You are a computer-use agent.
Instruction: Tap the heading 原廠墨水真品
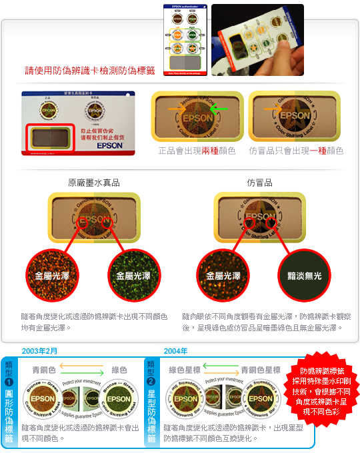pyautogui.click(x=93, y=182)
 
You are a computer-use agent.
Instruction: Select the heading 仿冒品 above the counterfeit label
pyautogui.click(x=259, y=182)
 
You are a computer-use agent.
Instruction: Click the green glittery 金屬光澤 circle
pyautogui.click(x=135, y=274)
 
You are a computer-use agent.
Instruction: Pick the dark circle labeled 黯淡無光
pyautogui.click(x=303, y=274)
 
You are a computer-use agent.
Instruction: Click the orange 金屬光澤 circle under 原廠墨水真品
pyautogui.click(x=53, y=274)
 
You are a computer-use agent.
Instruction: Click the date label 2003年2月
pyautogui.click(x=39, y=351)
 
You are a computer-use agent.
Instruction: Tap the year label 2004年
pyautogui.click(x=175, y=351)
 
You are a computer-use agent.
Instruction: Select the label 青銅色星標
pyautogui.click(x=261, y=370)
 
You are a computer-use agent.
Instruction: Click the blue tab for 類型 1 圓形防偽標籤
pyautogui.click(x=9, y=401)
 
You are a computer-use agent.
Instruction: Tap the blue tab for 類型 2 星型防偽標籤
pyautogui.click(x=151, y=401)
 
